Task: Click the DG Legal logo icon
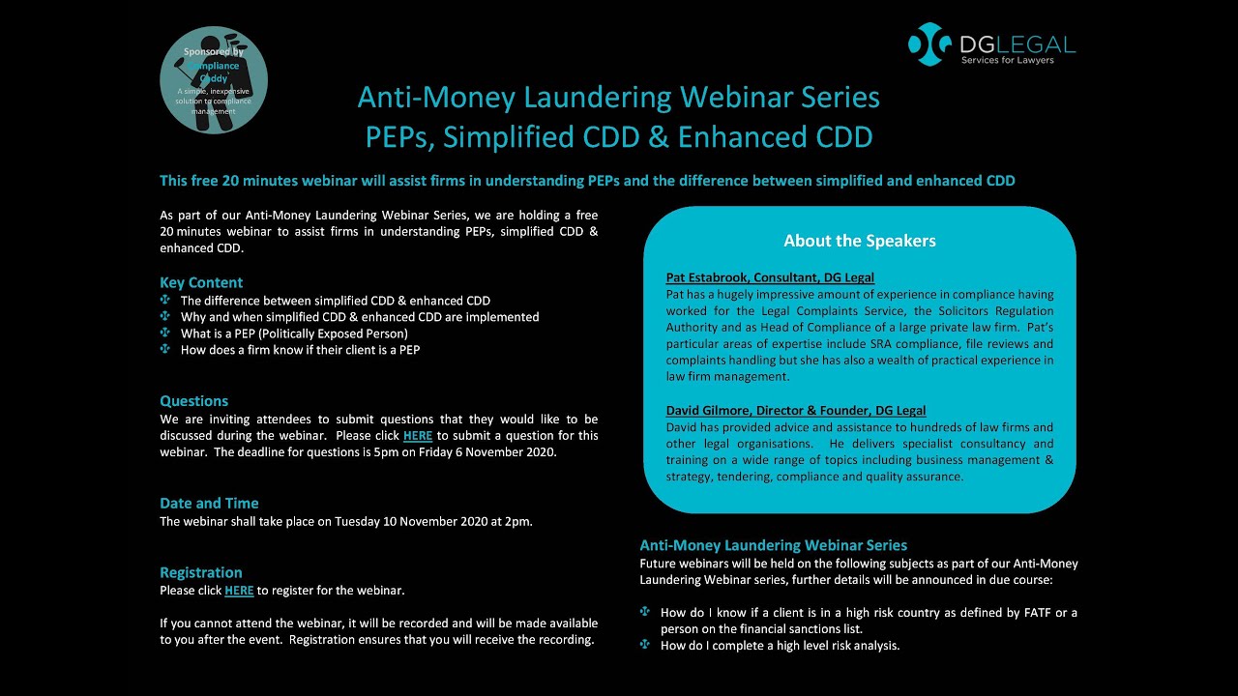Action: point(930,44)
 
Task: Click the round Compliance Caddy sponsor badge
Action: point(213,79)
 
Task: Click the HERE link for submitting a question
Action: point(417,436)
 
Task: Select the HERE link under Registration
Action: point(239,591)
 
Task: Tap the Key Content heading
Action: point(201,283)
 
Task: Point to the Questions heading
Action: point(193,401)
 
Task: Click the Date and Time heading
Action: point(209,504)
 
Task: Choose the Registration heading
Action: point(200,573)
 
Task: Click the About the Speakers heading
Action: point(859,241)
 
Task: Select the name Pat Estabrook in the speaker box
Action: point(707,278)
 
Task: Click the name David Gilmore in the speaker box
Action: point(711,411)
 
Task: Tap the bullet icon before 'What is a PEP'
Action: point(164,333)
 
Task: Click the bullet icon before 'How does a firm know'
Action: point(164,350)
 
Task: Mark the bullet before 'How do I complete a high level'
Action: point(645,645)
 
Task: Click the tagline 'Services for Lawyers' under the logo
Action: point(1007,61)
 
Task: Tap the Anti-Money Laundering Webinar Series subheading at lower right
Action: point(773,545)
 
